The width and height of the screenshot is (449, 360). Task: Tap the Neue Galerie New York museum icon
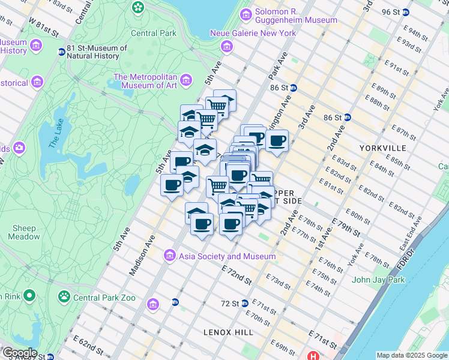click(226, 46)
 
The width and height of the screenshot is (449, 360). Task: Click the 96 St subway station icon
click(406, 12)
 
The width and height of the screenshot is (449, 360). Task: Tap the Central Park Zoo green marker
click(63, 296)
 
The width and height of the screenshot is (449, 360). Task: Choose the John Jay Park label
click(378, 280)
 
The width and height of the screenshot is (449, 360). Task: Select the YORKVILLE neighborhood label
click(382, 148)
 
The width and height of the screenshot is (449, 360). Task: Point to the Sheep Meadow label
click(24, 232)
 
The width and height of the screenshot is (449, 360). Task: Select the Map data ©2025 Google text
click(411, 355)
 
